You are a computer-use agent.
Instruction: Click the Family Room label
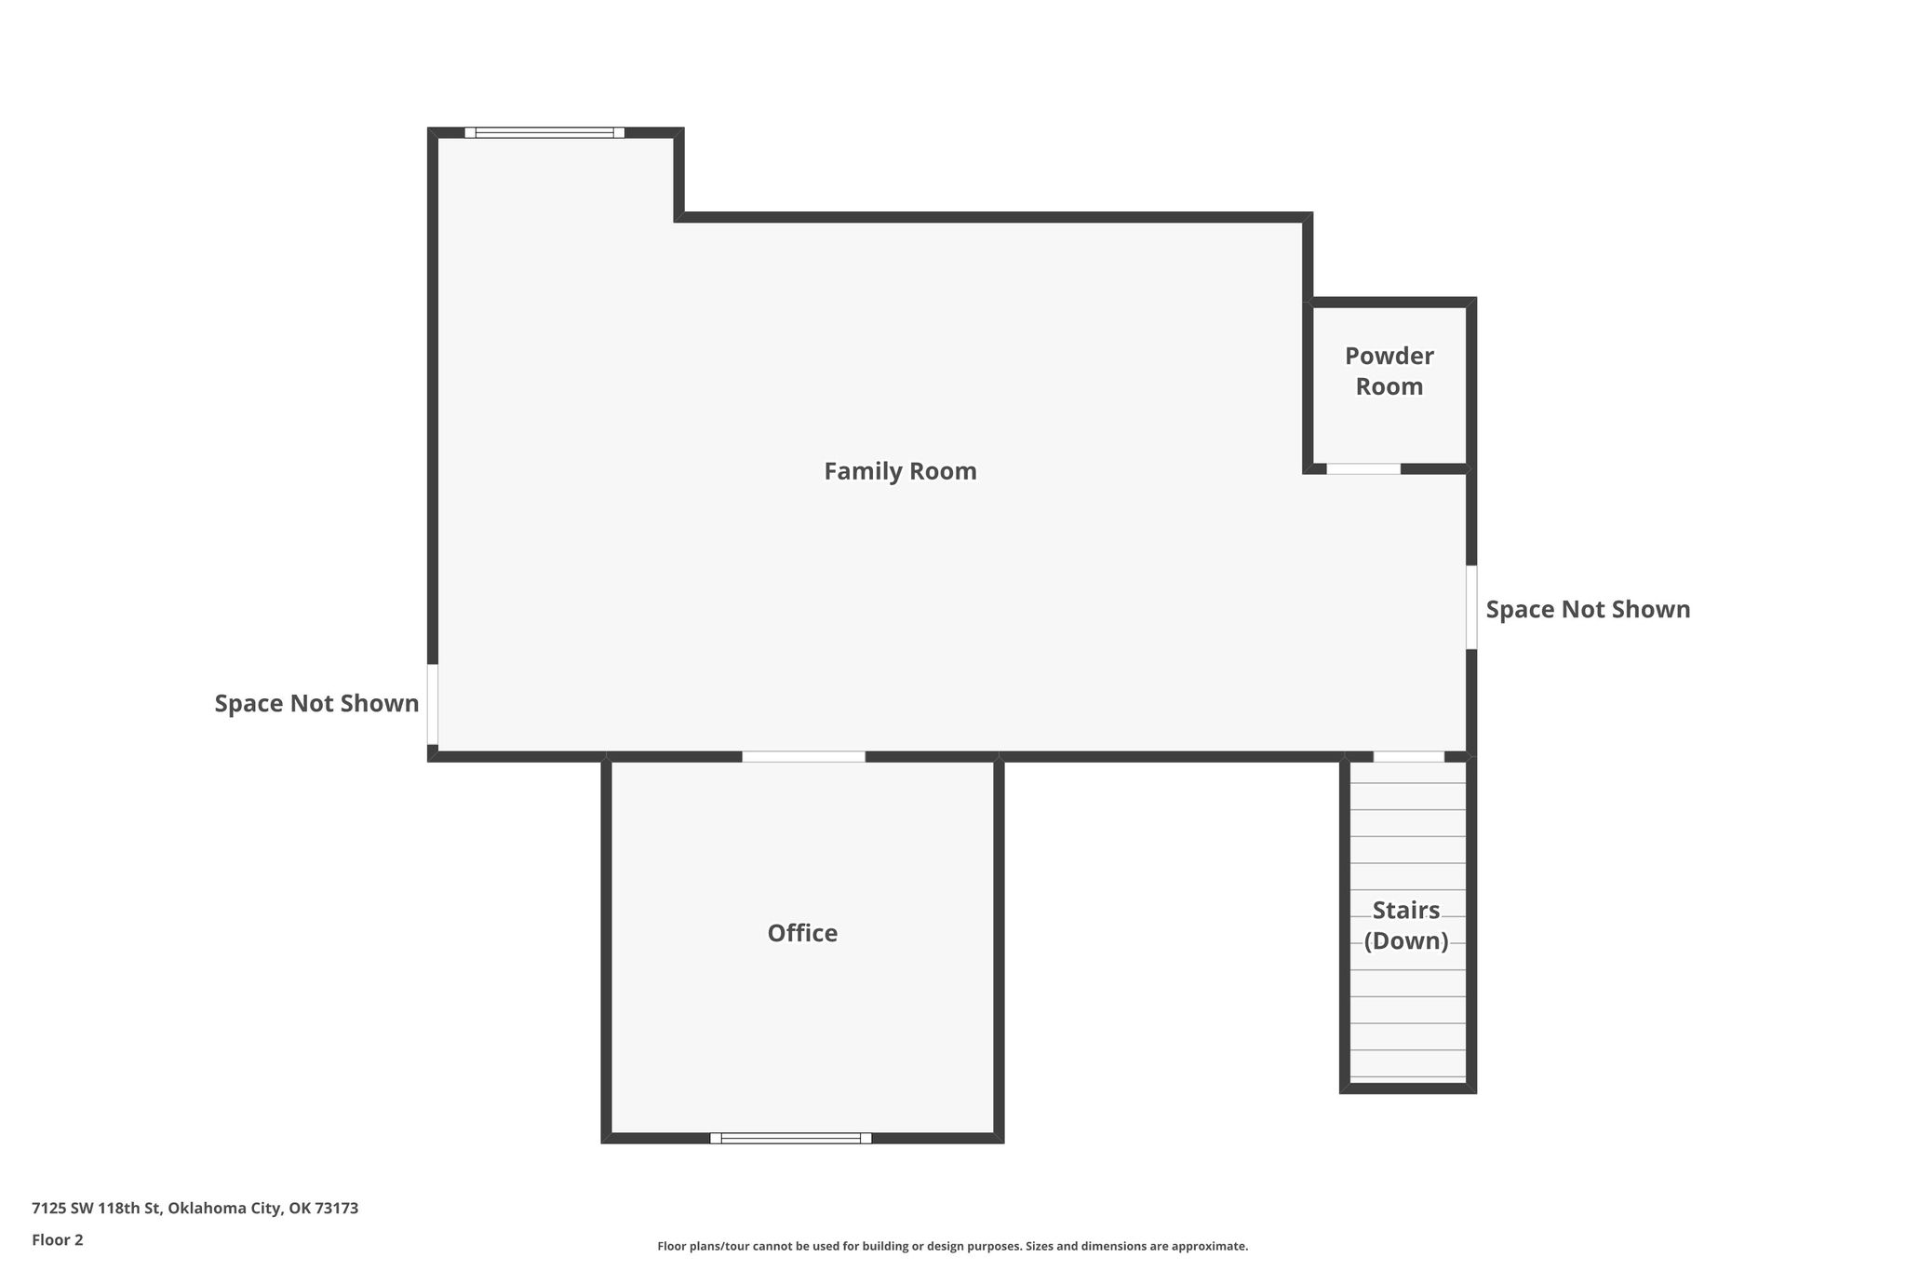(900, 471)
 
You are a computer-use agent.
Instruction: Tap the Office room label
(802, 933)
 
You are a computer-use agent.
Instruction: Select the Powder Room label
(1389, 371)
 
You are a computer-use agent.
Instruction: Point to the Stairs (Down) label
(1406, 925)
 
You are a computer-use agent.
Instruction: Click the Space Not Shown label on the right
(1588, 609)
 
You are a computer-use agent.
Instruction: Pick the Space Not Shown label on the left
(316, 703)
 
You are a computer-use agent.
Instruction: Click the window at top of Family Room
(544, 132)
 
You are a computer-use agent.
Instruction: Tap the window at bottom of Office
(791, 1138)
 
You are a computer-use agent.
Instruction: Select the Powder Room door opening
(1363, 468)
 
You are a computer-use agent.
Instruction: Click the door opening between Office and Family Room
(803, 756)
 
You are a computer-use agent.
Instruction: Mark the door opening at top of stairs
(1409, 756)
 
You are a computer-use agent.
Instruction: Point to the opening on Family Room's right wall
(1471, 607)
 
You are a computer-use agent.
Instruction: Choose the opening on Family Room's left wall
(433, 704)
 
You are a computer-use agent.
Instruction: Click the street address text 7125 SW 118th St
(98, 1209)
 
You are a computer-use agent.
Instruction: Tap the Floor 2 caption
(58, 1240)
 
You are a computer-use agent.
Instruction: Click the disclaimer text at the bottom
(953, 1246)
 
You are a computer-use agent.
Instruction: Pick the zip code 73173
(337, 1209)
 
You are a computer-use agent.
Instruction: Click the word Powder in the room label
(1389, 356)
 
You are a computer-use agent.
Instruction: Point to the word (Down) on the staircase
(1406, 940)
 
